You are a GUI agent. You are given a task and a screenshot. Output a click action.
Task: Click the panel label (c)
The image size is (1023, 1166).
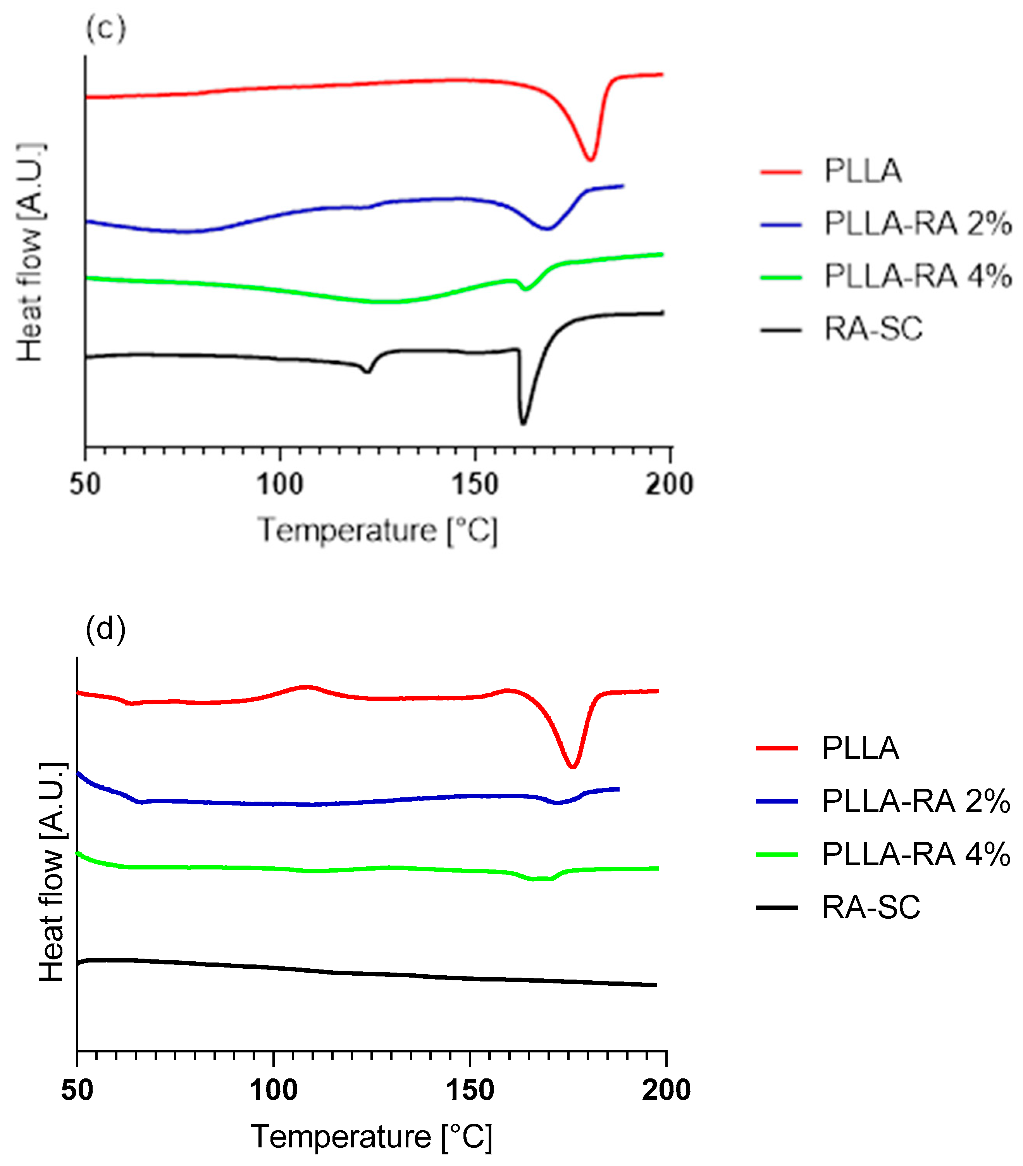point(105,29)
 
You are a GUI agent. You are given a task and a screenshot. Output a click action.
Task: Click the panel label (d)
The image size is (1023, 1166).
point(105,629)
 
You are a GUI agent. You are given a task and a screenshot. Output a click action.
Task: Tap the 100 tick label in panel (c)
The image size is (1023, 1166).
point(279,484)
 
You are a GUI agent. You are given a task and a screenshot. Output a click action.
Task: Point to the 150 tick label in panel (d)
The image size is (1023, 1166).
point(470,1090)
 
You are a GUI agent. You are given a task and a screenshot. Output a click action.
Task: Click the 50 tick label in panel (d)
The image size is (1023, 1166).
point(77,1090)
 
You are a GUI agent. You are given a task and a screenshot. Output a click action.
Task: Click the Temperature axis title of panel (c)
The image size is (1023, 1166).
point(377,531)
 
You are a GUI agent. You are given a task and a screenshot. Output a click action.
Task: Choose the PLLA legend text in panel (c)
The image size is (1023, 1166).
point(863,171)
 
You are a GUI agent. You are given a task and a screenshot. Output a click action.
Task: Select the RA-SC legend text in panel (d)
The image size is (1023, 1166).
point(871,907)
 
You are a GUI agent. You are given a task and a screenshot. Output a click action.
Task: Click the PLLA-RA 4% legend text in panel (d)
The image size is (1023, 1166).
point(916,854)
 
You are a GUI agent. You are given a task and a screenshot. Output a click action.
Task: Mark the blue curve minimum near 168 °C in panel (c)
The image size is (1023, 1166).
point(547,229)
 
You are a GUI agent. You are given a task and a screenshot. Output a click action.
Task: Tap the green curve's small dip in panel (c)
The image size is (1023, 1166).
point(525,289)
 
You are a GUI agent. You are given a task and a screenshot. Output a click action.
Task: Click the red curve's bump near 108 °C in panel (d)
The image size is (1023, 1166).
point(306,687)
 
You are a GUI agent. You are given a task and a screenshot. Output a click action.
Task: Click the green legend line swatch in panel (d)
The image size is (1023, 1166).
point(777,854)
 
